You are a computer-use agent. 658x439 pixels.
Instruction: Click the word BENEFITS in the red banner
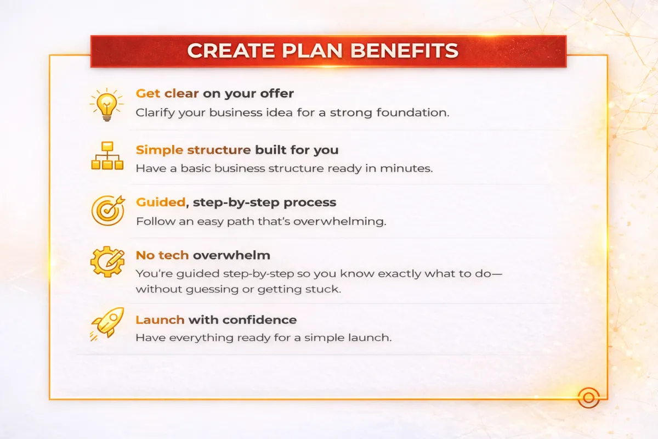(x=404, y=50)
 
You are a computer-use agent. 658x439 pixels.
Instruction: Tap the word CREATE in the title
(x=231, y=50)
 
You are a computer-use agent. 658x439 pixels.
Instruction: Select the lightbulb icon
(x=107, y=105)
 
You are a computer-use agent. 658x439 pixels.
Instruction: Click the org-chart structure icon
(x=107, y=156)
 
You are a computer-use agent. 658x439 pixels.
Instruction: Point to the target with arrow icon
(x=108, y=210)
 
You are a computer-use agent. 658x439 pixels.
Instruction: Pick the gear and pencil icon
(x=107, y=262)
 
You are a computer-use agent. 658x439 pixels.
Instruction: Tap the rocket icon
(x=107, y=324)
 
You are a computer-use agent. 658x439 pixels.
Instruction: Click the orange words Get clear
(x=167, y=93)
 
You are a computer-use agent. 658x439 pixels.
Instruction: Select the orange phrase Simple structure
(x=193, y=150)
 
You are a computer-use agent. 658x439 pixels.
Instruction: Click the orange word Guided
(x=161, y=202)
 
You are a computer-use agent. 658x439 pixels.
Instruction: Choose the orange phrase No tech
(x=162, y=255)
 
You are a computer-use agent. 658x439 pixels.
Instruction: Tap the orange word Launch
(x=160, y=320)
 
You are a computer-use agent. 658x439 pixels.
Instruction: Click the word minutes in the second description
(x=406, y=168)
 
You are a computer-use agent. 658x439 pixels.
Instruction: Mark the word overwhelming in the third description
(x=339, y=221)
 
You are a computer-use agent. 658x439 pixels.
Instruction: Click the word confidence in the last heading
(x=260, y=320)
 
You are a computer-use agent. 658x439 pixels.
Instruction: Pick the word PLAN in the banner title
(x=312, y=50)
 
